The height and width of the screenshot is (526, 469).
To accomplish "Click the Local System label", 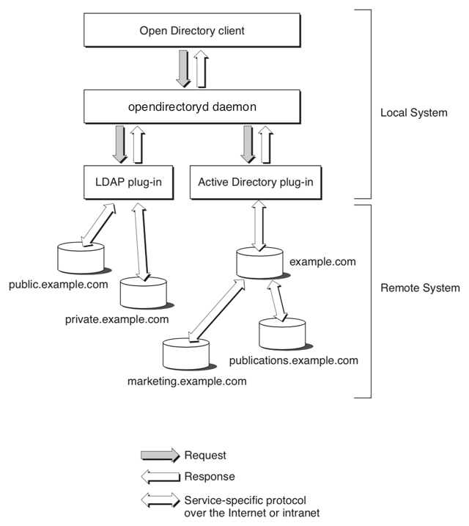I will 413,114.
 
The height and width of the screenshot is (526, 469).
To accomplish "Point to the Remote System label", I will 420,288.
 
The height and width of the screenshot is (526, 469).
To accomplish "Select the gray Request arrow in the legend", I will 160,456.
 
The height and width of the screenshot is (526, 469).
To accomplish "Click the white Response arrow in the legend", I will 160,476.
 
